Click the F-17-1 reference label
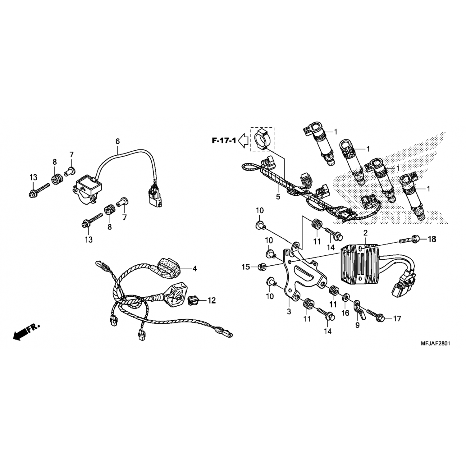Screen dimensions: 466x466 click(x=224, y=141)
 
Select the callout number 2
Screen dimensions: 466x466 click(x=365, y=233)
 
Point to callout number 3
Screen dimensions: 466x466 click(x=289, y=311)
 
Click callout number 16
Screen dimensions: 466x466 click(x=345, y=313)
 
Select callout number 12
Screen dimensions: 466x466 click(x=212, y=300)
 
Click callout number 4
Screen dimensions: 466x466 click(x=194, y=268)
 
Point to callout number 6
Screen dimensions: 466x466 click(x=117, y=141)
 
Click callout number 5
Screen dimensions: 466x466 click(x=278, y=197)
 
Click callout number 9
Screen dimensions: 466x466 click(x=357, y=325)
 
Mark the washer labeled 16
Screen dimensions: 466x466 click(x=345, y=299)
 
